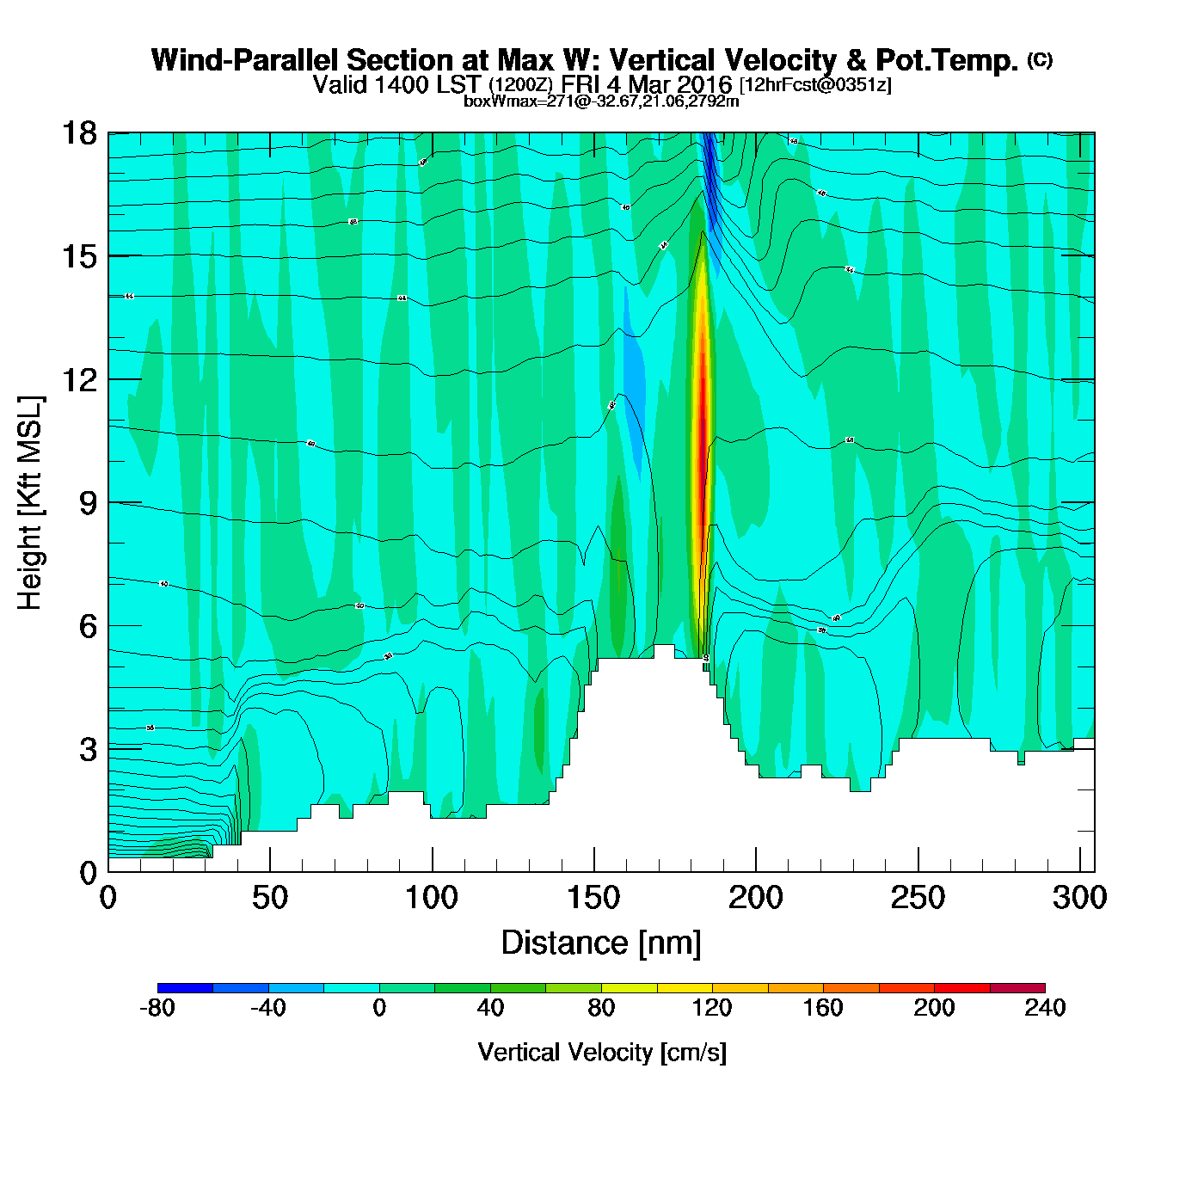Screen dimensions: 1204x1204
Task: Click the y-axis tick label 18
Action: pyautogui.click(x=77, y=133)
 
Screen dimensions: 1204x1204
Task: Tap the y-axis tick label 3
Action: pyautogui.click(x=88, y=750)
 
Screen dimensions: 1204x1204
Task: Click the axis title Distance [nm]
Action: pyautogui.click(x=601, y=943)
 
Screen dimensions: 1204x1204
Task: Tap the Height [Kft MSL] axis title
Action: pyautogui.click(x=30, y=503)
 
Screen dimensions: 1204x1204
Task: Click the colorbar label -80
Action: pyautogui.click(x=157, y=1008)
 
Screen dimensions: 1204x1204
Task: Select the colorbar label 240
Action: pyautogui.click(x=1045, y=1008)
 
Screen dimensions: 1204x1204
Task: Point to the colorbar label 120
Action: pyautogui.click(x=712, y=1008)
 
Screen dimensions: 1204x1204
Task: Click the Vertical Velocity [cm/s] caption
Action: pyautogui.click(x=602, y=1052)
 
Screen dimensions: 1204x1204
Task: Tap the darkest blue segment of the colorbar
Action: pyautogui.click(x=185, y=987)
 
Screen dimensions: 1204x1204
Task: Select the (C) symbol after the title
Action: pyautogui.click(x=1040, y=59)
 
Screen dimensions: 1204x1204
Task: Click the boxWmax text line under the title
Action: pyautogui.click(x=601, y=101)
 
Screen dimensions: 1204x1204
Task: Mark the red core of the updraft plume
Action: pyautogui.click(x=703, y=413)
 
